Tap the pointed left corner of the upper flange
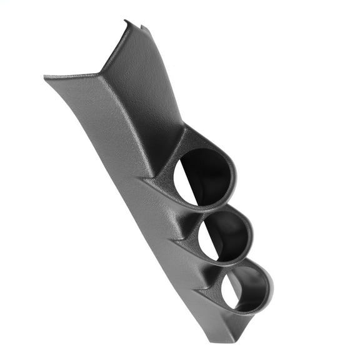tap(46, 77)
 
